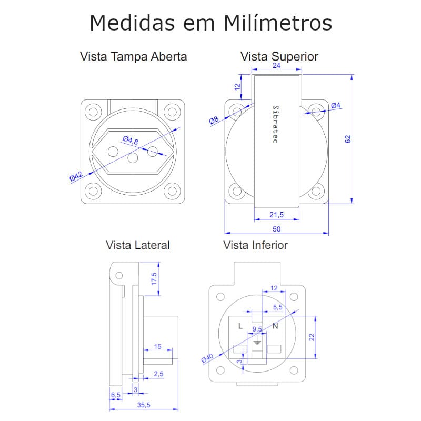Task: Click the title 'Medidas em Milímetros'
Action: tap(211, 23)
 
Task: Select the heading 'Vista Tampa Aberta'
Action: tap(134, 57)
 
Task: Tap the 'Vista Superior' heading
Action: tap(279, 57)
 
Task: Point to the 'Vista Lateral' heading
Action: tap(138, 245)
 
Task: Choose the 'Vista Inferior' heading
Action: tap(255, 245)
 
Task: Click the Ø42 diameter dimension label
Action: tap(76, 176)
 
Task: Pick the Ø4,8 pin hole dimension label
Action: tap(131, 140)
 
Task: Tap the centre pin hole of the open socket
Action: tap(133, 157)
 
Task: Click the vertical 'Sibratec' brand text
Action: tap(275, 124)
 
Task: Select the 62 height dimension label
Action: tap(348, 139)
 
